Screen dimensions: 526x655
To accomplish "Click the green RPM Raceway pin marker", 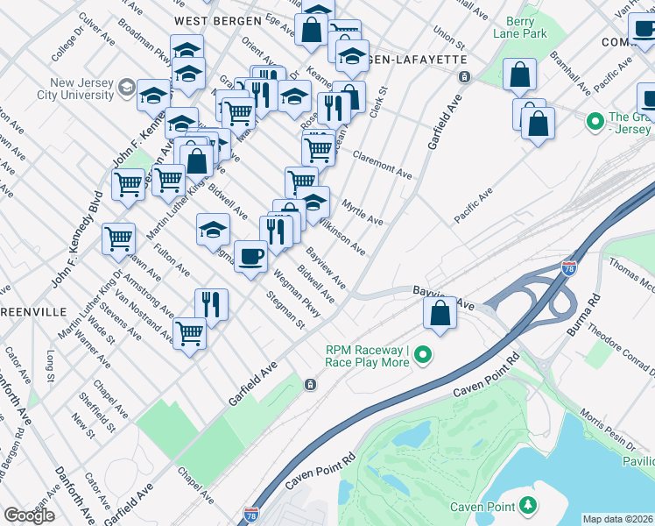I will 424,355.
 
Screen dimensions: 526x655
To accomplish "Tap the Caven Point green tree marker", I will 527,505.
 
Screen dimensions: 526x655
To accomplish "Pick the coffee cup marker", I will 250,256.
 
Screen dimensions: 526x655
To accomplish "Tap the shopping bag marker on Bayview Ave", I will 440,313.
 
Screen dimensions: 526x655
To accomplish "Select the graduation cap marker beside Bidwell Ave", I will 213,230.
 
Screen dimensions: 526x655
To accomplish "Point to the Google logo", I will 29,515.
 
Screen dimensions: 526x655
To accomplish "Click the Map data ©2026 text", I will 618,519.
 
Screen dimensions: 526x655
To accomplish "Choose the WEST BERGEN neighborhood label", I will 217,19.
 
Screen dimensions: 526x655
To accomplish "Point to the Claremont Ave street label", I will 382,163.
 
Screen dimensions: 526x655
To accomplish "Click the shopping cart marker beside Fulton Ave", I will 119,238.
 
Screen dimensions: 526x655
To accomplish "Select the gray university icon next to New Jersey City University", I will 126,86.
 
